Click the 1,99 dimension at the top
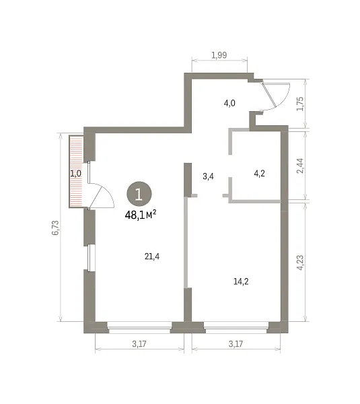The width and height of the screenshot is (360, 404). (219, 55)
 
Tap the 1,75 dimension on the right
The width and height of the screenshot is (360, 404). (300, 104)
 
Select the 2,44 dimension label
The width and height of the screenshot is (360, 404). (300, 166)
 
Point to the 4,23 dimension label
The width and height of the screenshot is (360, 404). (300, 263)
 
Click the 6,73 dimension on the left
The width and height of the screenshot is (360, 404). (55, 228)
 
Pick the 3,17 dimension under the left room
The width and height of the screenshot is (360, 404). (139, 343)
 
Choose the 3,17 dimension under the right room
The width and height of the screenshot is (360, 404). (236, 343)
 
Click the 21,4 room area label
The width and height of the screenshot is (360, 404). (152, 257)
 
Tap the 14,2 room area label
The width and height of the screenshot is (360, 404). (241, 281)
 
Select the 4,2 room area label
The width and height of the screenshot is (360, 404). (259, 174)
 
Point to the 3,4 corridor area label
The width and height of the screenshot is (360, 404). (208, 176)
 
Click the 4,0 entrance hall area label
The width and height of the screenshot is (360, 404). (229, 103)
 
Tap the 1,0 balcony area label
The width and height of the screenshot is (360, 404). (76, 174)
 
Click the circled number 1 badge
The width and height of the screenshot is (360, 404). (139, 194)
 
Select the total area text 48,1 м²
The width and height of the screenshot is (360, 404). (141, 215)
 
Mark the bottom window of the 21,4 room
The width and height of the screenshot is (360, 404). (139, 327)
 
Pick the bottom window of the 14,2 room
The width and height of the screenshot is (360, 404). (236, 327)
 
